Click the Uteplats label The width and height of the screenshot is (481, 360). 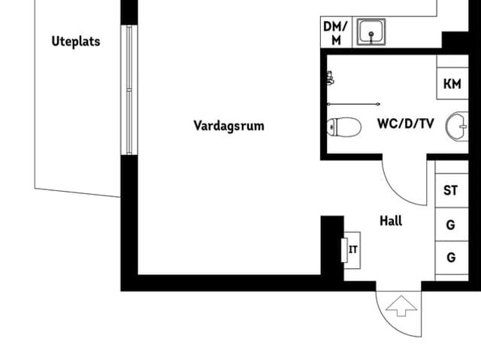pos(75,41)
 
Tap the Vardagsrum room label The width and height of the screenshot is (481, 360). pos(228,126)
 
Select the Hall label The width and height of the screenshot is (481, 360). pos(391,221)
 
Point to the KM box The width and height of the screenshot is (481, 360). pos(452,83)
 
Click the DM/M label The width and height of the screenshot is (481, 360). pos(336,33)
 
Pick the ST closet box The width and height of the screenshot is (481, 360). pos(451,190)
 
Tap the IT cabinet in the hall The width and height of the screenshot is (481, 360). pos(351,250)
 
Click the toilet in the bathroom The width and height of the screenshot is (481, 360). pos(343,127)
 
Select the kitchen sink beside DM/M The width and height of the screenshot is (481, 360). pos(373,32)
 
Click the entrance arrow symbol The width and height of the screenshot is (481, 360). pos(401,306)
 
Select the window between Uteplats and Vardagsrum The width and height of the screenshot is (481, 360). pos(130,90)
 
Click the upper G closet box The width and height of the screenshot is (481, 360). pos(451,224)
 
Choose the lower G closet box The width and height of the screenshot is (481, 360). pos(451,258)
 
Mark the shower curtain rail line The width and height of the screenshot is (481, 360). pos(353,104)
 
